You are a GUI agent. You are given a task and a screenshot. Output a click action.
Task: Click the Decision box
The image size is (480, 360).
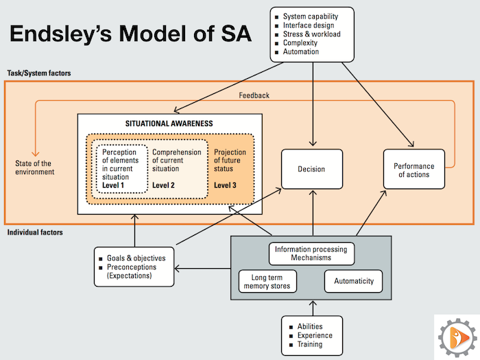311,169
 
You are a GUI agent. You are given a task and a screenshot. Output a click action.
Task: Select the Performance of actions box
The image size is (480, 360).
413,170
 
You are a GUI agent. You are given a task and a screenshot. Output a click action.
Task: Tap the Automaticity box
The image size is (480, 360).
353,281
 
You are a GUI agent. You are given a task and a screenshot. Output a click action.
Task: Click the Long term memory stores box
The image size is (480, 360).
267,281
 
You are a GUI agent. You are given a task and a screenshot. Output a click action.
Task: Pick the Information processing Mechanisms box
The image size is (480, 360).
311,253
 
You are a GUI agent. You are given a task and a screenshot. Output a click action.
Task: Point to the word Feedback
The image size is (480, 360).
254,95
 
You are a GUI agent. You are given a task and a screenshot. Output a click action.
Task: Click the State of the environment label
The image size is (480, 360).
35,167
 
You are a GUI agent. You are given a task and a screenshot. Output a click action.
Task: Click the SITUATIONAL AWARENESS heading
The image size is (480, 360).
169,123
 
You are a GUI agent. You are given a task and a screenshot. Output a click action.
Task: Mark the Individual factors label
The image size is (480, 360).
35,232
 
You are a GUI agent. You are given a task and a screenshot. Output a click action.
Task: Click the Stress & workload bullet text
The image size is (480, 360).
312,33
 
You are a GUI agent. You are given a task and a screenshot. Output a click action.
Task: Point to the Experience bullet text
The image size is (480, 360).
315,335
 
